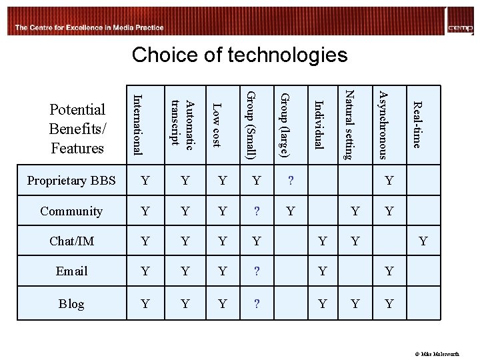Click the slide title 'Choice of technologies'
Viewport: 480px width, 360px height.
pyautogui.click(x=239, y=55)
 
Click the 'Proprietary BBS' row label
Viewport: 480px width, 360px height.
pyautogui.click(x=71, y=181)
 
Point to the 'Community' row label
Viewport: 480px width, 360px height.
pyautogui.click(x=71, y=211)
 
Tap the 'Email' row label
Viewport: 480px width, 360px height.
pyautogui.click(x=71, y=271)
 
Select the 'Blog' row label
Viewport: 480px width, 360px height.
pyautogui.click(x=71, y=304)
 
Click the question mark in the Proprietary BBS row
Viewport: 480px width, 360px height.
pyautogui.click(x=290, y=181)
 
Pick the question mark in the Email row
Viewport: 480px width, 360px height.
pyautogui.click(x=257, y=271)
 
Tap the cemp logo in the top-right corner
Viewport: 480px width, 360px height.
pyautogui.click(x=461, y=23)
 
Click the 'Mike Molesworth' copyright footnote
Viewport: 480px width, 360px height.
pyautogui.click(x=449, y=354)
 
